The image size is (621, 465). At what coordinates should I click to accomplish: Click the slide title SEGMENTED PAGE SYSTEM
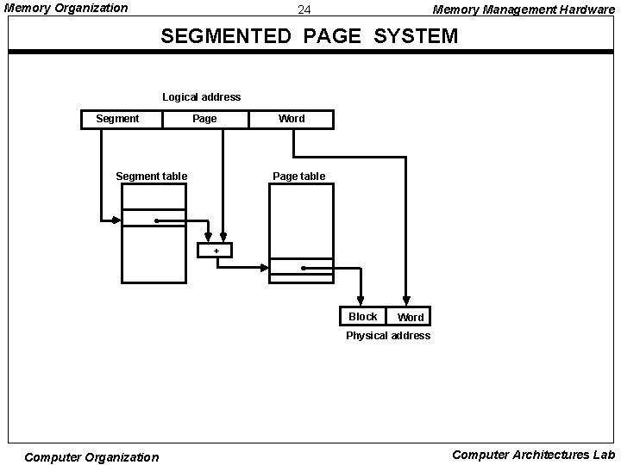(x=310, y=37)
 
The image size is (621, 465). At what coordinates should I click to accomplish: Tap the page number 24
(x=304, y=10)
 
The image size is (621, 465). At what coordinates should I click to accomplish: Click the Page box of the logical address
(x=205, y=119)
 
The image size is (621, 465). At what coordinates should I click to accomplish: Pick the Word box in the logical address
(x=291, y=119)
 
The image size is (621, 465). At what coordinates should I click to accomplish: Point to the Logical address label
(x=202, y=97)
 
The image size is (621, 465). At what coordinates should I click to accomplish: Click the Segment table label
(x=151, y=177)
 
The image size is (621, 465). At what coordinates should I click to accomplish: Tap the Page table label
(x=298, y=177)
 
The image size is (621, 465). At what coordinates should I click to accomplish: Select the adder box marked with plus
(x=215, y=251)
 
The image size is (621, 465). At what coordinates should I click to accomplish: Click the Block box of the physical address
(x=362, y=317)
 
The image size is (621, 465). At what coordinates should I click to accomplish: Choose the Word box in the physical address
(x=409, y=317)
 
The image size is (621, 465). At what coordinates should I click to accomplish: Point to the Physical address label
(x=387, y=336)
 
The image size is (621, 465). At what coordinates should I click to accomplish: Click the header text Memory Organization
(x=66, y=9)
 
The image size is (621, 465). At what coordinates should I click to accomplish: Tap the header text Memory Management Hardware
(x=524, y=9)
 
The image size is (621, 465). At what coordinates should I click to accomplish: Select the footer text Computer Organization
(x=91, y=457)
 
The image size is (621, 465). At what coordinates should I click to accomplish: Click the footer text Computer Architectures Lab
(x=533, y=455)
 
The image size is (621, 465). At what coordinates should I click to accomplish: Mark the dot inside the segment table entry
(x=156, y=220)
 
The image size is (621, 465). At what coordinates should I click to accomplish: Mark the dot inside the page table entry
(x=304, y=269)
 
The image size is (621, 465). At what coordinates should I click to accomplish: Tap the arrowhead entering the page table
(x=265, y=268)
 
